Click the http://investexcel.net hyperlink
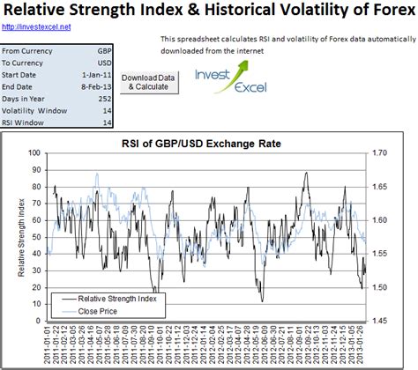(37, 27)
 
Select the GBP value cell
(101, 52)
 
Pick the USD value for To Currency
(101, 63)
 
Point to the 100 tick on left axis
(35, 153)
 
